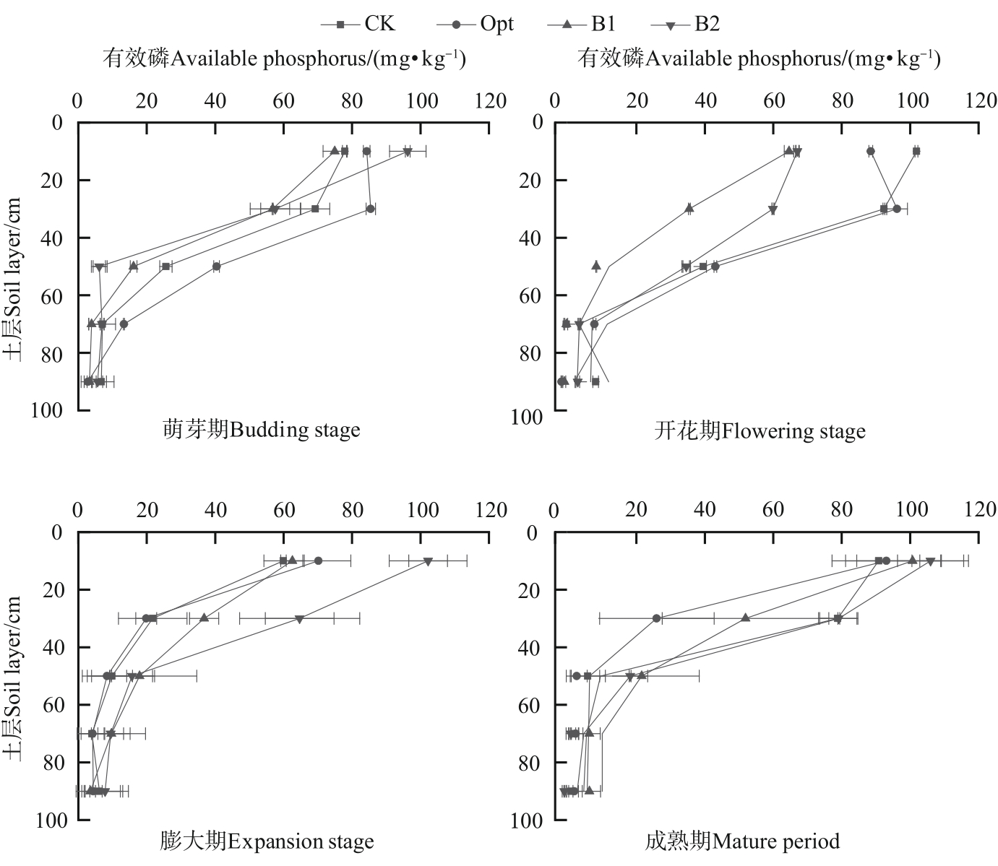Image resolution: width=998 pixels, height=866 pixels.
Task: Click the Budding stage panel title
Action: click(261, 431)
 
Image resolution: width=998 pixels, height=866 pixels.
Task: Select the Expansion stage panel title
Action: click(267, 841)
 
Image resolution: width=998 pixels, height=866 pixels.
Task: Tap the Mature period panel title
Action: click(742, 841)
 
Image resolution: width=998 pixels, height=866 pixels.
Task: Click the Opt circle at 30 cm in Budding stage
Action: click(370, 209)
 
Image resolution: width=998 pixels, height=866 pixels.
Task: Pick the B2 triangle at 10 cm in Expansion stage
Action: click(428, 561)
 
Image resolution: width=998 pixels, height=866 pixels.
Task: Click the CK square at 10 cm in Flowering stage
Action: click(916, 151)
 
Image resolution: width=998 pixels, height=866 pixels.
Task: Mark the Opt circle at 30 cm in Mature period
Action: click(656, 618)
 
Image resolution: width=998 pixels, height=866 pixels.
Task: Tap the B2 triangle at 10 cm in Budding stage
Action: click(408, 152)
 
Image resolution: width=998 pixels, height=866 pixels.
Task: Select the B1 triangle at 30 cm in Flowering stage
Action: click(689, 208)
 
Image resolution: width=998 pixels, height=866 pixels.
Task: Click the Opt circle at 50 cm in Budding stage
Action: click(217, 267)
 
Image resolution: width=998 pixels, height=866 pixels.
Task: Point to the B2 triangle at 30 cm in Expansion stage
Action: click(299, 619)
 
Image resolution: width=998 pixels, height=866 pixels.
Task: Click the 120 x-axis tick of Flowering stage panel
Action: click(980, 100)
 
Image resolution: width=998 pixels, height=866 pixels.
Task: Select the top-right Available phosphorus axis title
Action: click(759, 59)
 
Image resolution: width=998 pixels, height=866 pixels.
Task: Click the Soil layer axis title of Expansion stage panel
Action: click(12, 677)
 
